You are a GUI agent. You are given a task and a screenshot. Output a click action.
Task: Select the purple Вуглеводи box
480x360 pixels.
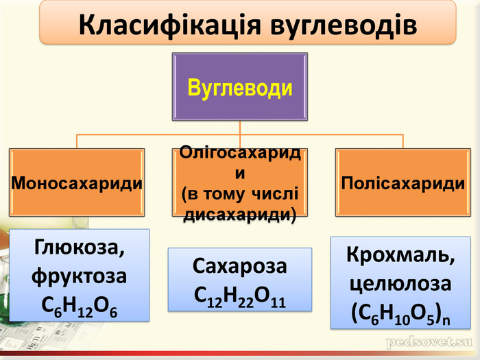click(240, 87)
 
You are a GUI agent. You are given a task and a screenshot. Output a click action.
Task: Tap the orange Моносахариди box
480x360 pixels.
click(77, 184)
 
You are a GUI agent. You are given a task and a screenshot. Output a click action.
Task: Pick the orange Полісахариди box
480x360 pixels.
click(403, 184)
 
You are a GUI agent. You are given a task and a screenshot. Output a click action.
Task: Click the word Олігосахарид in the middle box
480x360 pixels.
click(240, 153)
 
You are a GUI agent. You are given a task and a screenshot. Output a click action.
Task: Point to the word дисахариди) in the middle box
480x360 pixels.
click(240, 215)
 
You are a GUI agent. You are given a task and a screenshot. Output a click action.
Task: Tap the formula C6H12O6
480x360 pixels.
click(80, 306)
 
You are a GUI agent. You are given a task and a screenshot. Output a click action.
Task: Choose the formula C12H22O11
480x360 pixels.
click(240, 296)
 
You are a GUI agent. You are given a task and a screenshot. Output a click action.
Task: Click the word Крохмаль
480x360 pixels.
click(400, 254)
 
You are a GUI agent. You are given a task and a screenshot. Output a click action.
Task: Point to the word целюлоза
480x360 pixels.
click(400, 283)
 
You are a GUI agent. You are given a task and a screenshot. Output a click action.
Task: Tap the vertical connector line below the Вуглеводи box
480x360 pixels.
click(240, 128)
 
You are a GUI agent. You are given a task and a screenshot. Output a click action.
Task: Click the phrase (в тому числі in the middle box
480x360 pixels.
click(240, 194)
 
